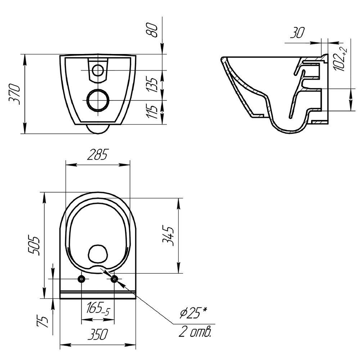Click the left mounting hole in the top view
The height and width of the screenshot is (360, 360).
click(82, 279)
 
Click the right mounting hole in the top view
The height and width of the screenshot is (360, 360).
click(114, 279)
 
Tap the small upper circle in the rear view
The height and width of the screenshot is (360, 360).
click(98, 70)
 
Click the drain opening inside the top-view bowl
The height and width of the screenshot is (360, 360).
click(98, 253)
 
